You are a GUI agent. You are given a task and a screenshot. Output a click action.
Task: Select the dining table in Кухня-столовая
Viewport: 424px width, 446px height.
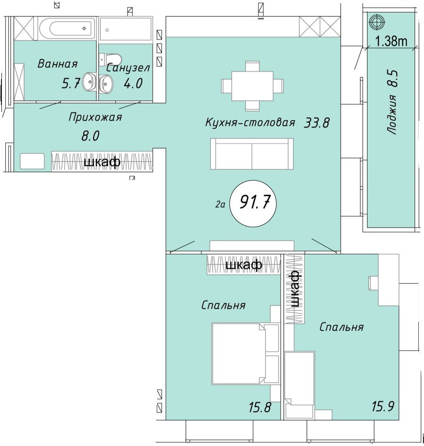pos(253,85)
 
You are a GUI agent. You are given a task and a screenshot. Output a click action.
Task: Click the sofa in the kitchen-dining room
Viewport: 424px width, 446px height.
pos(252,154)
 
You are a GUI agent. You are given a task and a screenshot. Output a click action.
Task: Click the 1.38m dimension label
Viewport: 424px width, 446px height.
pos(391,41)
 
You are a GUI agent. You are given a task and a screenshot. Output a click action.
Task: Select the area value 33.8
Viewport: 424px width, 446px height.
pos(317,123)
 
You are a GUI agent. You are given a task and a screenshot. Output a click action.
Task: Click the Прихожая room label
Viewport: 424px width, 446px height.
pos(95,117)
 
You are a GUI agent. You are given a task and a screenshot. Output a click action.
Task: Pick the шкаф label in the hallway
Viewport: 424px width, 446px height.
pos(102,162)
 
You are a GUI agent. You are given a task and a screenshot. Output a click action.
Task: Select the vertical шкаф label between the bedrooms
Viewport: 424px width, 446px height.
pos(295,288)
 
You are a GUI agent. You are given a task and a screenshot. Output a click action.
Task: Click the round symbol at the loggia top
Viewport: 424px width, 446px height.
pos(377,21)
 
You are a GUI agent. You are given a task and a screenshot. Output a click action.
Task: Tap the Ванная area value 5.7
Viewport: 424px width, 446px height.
pos(72,84)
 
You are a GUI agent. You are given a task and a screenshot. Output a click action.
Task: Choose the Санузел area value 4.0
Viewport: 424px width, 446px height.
pos(133,84)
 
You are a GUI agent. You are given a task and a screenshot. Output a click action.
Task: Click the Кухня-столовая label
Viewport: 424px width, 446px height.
pos(250,123)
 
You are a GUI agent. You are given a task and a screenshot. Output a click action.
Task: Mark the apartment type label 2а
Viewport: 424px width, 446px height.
pos(220,204)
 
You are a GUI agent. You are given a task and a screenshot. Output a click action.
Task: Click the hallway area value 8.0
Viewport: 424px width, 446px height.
pos(90,136)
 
